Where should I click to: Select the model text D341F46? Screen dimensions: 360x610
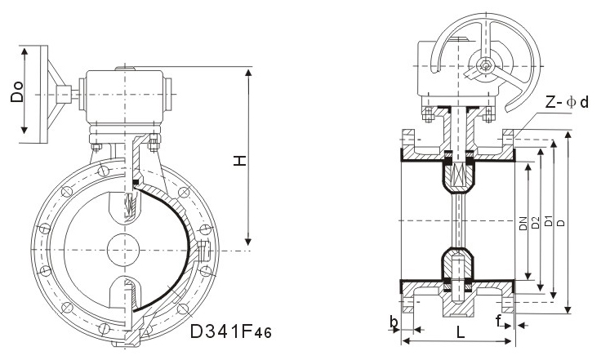(x=231, y=332)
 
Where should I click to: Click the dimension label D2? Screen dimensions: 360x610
(x=535, y=220)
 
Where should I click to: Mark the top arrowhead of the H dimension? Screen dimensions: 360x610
(x=248, y=73)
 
